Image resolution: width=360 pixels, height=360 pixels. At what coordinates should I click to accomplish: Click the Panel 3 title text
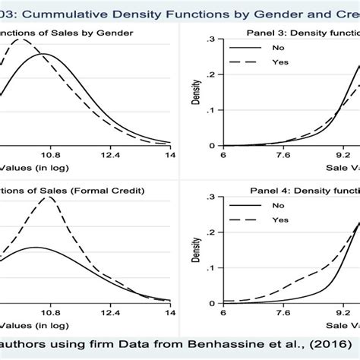pos(304,34)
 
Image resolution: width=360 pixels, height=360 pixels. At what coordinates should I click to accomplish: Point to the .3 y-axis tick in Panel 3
pos(210,38)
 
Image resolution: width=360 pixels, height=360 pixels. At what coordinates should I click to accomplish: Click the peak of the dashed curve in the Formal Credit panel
pos(50,197)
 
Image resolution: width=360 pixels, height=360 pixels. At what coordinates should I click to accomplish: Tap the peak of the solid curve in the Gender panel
pos(45,54)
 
